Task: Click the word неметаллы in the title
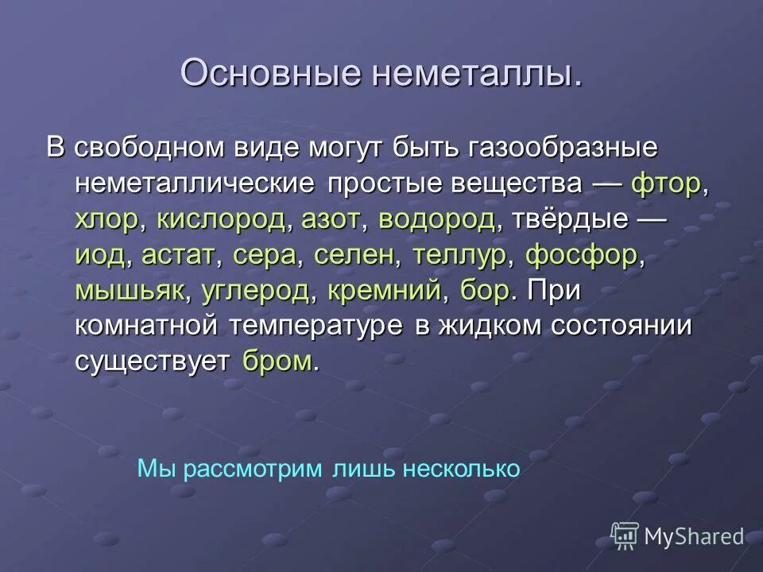474,73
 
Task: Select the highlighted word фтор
666,184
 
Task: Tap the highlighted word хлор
106,219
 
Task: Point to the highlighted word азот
330,219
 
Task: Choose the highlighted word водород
436,219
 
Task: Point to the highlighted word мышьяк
130,291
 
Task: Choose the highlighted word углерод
255,291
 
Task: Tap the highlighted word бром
277,361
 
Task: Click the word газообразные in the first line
552,149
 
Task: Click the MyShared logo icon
625,535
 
